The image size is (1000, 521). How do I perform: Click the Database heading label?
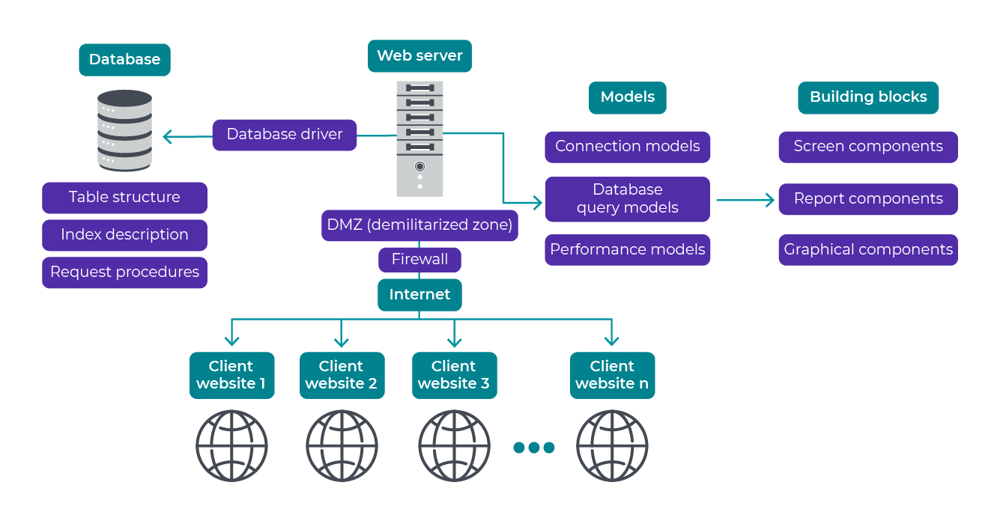124,60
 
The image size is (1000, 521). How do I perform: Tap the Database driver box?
284,135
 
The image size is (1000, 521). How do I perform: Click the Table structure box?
124,198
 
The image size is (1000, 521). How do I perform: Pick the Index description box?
124,235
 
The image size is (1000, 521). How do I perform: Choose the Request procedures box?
124,272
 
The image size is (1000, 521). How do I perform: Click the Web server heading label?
419,56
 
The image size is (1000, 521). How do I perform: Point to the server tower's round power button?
419,166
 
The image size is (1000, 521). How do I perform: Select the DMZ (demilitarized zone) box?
419,225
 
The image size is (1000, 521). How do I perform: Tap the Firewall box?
419,260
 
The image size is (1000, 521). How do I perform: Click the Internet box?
419,295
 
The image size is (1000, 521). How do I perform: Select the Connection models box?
627,147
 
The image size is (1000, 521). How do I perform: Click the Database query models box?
627,199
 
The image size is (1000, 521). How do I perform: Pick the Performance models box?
627,250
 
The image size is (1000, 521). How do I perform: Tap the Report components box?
868,199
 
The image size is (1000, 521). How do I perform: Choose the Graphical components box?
868,250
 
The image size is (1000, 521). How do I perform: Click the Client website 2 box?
342,375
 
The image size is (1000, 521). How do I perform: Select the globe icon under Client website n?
612,446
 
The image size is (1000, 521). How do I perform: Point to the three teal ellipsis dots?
533,448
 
